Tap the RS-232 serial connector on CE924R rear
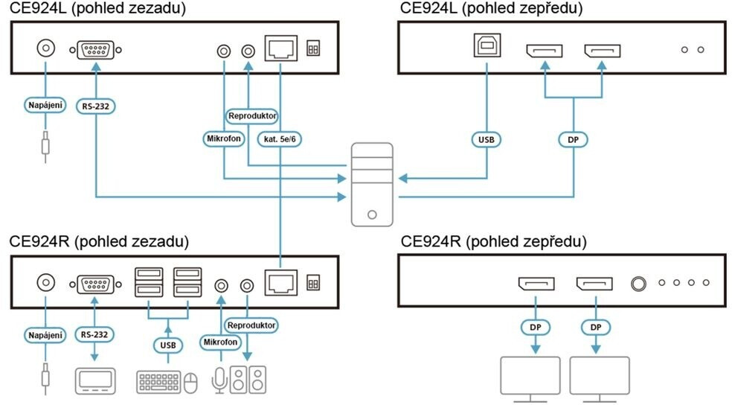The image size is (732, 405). point(94,284)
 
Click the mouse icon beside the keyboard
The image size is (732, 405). point(191,381)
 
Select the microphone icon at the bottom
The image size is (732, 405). point(219,380)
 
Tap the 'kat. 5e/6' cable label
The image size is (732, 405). point(280,138)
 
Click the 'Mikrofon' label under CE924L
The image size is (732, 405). point(223,138)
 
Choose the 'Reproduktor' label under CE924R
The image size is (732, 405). point(251,325)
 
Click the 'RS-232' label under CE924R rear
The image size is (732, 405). point(95,334)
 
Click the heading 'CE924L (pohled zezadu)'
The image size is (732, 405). point(97,8)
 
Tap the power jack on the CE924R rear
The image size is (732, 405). point(46,284)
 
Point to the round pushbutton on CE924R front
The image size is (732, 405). point(638,284)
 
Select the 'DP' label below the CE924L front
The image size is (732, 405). point(573,138)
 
